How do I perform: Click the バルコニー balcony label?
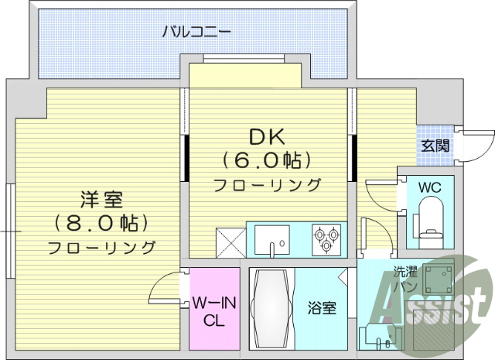point(196,33)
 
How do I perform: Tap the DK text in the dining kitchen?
point(266,137)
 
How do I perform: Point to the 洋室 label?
point(101,201)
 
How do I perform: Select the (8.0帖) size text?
point(101,224)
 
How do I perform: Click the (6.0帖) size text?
point(266,160)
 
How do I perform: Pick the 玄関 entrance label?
point(435,145)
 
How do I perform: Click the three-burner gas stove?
point(326,237)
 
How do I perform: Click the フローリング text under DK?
point(266,184)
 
